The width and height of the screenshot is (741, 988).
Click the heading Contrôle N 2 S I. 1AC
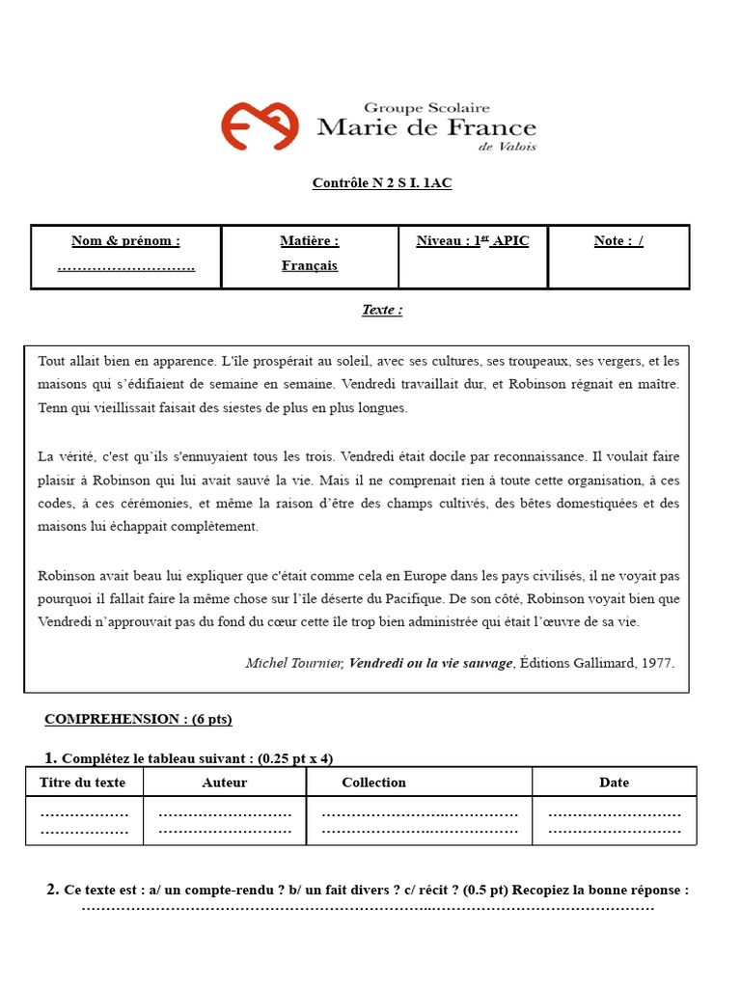tap(382, 183)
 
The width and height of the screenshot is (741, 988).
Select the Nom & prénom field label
tap(125, 241)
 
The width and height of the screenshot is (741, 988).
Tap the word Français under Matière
tap(310, 265)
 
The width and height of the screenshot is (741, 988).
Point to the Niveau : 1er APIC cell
tap(473, 241)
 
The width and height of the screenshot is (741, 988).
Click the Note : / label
tap(618, 241)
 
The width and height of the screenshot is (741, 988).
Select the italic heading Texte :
tap(382, 310)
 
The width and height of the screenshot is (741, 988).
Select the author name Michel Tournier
tap(294, 663)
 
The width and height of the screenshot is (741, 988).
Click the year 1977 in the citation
tap(655, 663)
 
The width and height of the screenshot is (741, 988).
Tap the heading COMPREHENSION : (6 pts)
tap(138, 719)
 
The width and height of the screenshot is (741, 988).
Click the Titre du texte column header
tap(84, 782)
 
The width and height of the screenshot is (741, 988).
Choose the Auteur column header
tap(225, 782)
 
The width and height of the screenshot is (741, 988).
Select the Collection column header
tap(373, 782)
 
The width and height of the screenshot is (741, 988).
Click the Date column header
tap(614, 782)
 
